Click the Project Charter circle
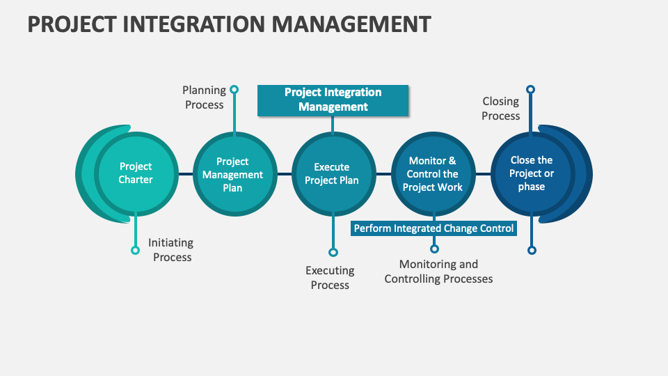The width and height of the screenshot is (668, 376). [136, 173]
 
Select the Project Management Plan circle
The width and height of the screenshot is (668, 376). [232, 174]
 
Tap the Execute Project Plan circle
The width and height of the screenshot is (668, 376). [332, 173]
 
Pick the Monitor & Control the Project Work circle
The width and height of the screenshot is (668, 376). [432, 174]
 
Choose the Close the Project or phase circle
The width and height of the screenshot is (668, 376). [532, 173]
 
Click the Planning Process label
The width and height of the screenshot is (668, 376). [204, 97]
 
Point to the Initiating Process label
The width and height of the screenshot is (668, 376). [171, 250]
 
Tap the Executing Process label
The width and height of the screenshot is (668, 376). [330, 277]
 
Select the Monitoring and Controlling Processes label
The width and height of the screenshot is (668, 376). [438, 272]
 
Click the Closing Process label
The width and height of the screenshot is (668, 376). [501, 109]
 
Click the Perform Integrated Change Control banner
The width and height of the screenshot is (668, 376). [434, 228]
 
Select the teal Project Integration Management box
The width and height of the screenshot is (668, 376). [333, 100]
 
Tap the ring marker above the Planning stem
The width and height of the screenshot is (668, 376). [234, 89]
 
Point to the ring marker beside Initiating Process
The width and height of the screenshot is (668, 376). [135, 250]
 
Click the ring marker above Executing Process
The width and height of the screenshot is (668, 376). [333, 252]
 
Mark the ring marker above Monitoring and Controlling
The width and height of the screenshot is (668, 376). [434, 249]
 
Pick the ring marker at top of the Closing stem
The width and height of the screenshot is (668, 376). [531, 89]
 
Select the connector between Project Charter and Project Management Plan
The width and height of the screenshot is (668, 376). [184, 173]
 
